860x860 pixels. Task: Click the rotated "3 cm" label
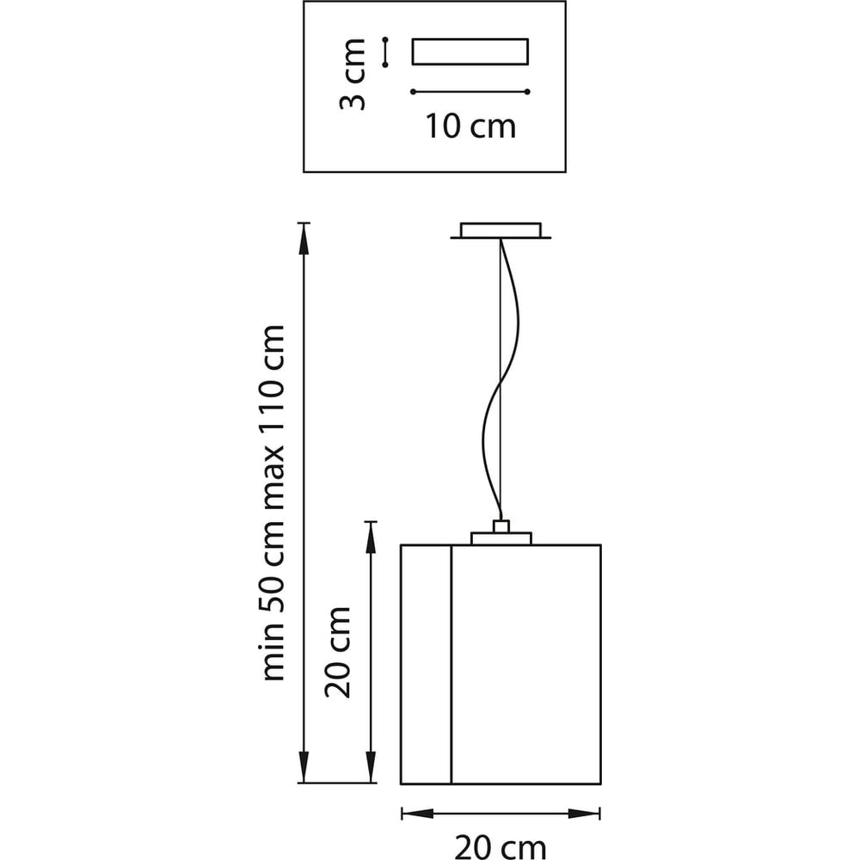[x=353, y=73]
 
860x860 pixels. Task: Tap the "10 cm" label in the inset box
[x=470, y=126]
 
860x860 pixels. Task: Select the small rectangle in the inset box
[x=470, y=52]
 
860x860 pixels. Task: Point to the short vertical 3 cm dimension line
[x=386, y=52]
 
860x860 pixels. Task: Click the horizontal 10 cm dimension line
[x=470, y=91]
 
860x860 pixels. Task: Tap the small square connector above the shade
[x=501, y=526]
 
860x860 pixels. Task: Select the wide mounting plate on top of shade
[x=501, y=538]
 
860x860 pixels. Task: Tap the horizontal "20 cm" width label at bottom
[x=500, y=846]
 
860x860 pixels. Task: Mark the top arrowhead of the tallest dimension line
[x=303, y=236]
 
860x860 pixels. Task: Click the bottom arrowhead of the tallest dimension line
[x=303, y=769]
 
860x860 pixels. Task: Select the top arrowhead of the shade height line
[x=371, y=535]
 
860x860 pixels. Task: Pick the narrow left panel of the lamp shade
[x=427, y=664]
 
